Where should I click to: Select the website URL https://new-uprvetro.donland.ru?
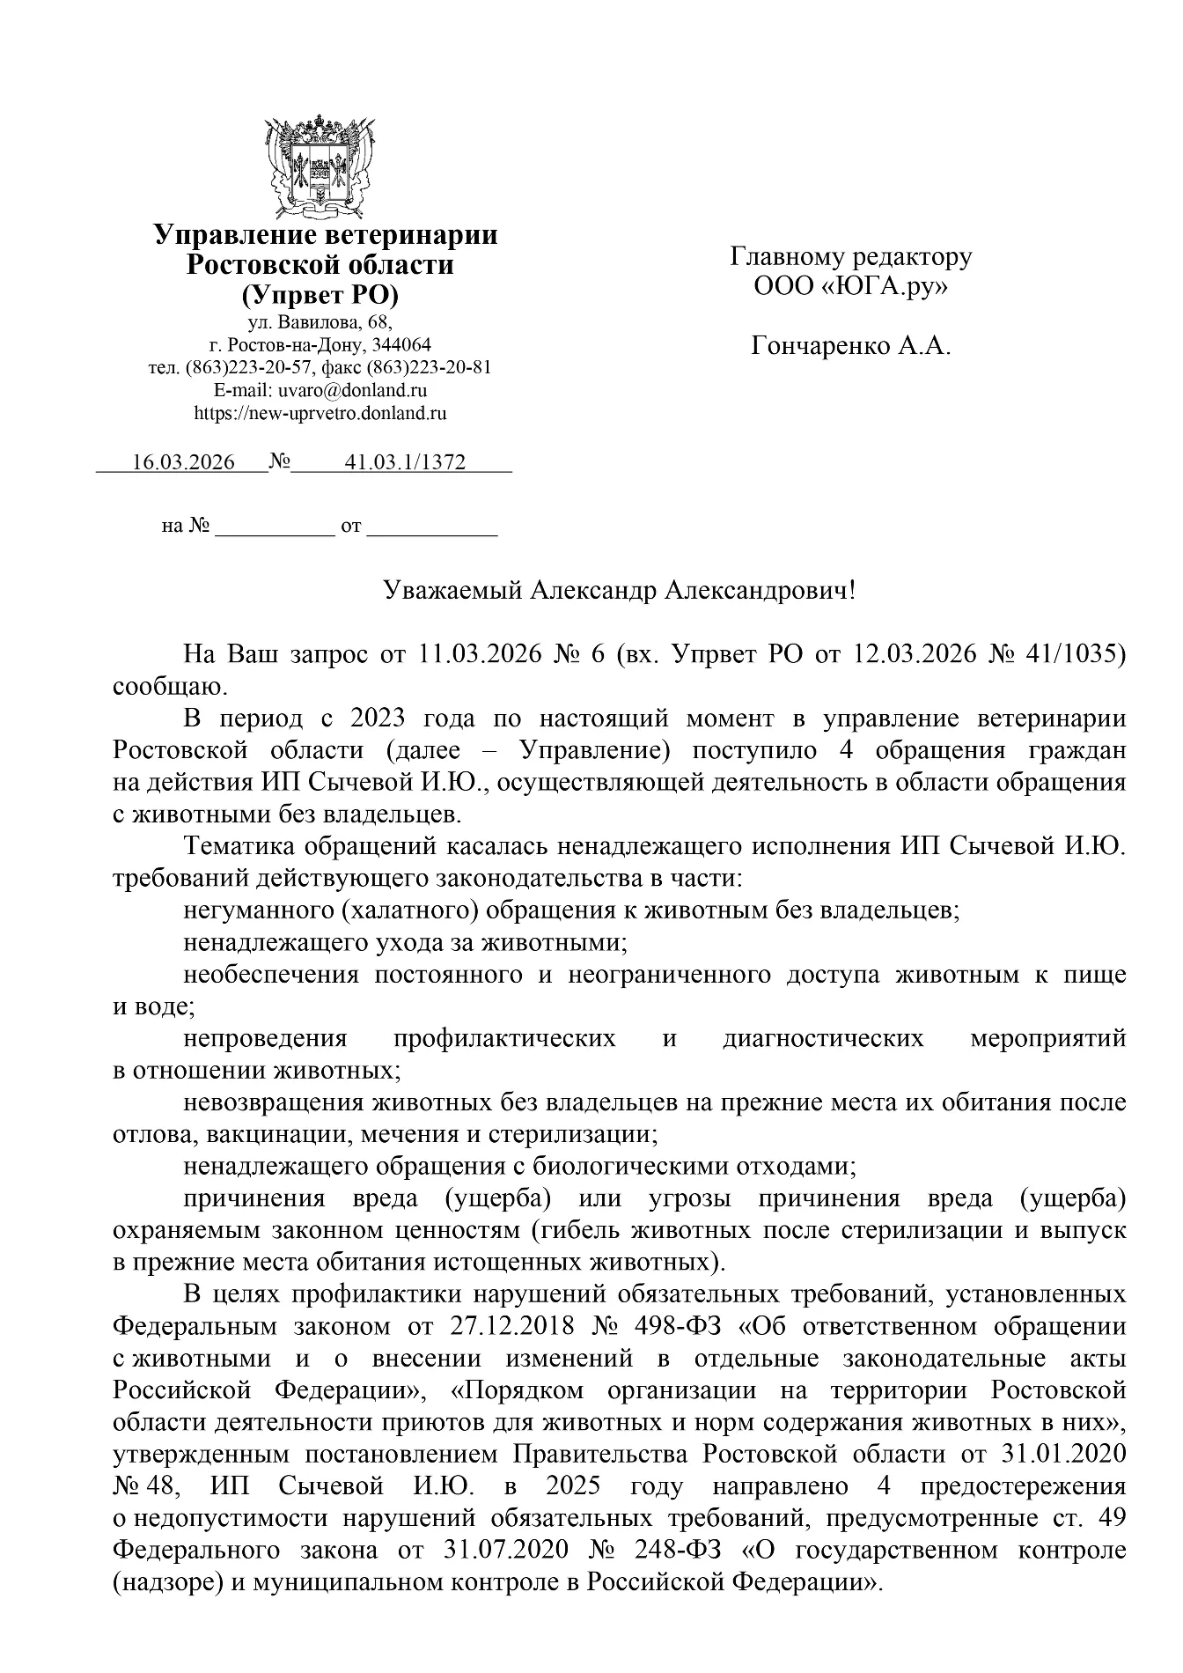pos(320,411)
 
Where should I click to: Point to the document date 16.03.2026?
pos(183,462)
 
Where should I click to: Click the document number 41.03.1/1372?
pos(406,462)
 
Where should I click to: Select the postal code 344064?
pos(402,344)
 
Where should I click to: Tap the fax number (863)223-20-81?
pos(429,367)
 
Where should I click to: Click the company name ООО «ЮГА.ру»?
pos(850,287)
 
